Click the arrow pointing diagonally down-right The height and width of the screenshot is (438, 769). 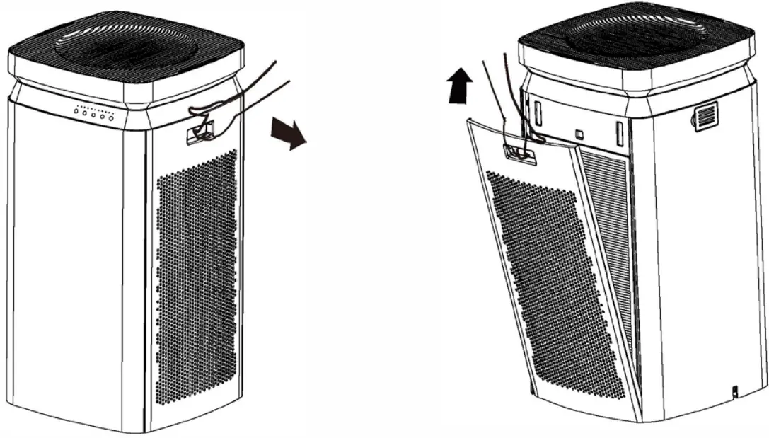(x=289, y=133)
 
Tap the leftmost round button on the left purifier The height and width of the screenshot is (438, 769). (x=76, y=112)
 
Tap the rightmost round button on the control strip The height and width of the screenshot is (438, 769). (x=110, y=117)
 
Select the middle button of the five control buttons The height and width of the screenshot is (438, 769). (x=93, y=115)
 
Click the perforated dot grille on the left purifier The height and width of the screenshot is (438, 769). (x=195, y=283)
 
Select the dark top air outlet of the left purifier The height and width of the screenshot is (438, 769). (x=126, y=48)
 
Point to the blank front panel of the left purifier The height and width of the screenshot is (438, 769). (x=67, y=269)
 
